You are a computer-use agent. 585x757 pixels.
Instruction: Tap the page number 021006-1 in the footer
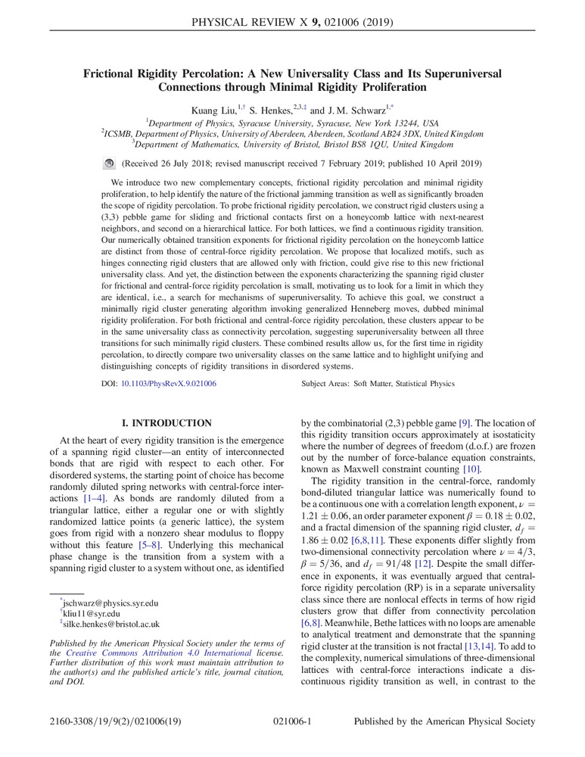pos(292,743)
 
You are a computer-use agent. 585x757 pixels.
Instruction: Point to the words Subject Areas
pos(325,385)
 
